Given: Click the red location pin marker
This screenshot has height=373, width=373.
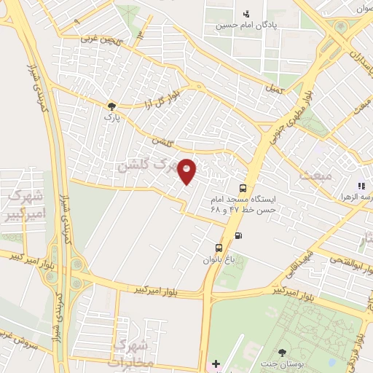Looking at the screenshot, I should point(187,170).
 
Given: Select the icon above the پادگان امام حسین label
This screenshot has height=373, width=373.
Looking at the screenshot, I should point(246,12).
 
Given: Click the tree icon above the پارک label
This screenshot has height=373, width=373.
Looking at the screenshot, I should point(111,105).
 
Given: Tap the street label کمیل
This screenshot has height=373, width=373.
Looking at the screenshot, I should point(276,88).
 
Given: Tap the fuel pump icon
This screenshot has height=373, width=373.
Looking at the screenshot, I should point(240,235).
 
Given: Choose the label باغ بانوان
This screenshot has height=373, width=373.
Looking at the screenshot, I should point(219,259).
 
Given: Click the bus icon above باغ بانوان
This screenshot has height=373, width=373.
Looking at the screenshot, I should point(219,248).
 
